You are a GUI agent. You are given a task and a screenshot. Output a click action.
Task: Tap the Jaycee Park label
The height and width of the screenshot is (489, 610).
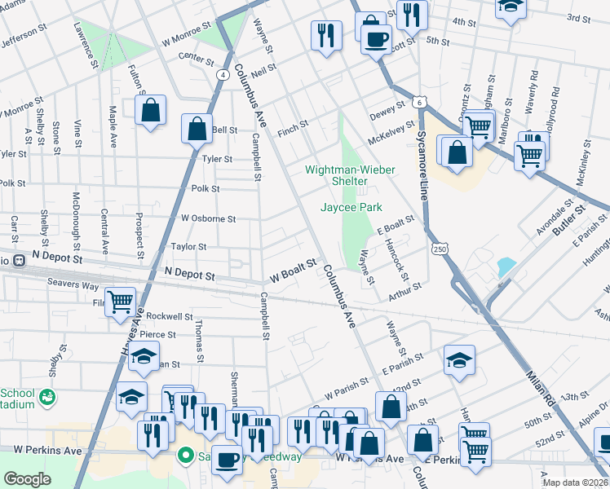pyautogui.click(x=351, y=208)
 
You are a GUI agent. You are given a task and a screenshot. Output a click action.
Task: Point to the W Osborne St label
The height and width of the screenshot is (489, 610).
pyautogui.click(x=208, y=218)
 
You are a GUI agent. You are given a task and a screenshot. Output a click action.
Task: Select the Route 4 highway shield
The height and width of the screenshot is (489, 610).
pyautogui.click(x=222, y=74)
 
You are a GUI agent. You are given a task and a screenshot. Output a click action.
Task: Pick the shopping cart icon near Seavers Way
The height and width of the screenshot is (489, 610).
pyautogui.click(x=121, y=301)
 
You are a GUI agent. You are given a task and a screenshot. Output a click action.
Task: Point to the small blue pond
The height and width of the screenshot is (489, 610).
pyautogui.click(x=506, y=267)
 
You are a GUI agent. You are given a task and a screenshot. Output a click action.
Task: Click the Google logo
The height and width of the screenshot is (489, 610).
pyautogui.click(x=27, y=479)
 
